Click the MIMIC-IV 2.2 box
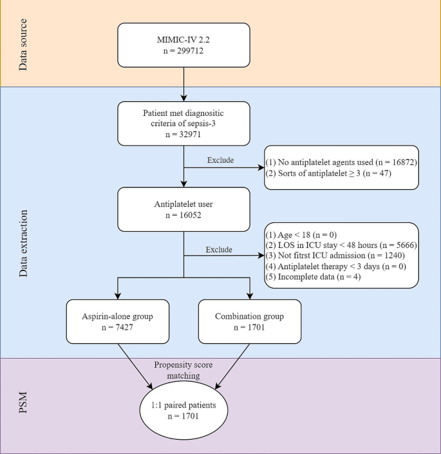pyautogui.click(x=184, y=45)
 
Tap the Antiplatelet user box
pyautogui.click(x=184, y=209)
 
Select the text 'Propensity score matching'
pyautogui.click(x=185, y=370)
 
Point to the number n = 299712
pyautogui.click(x=184, y=52)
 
